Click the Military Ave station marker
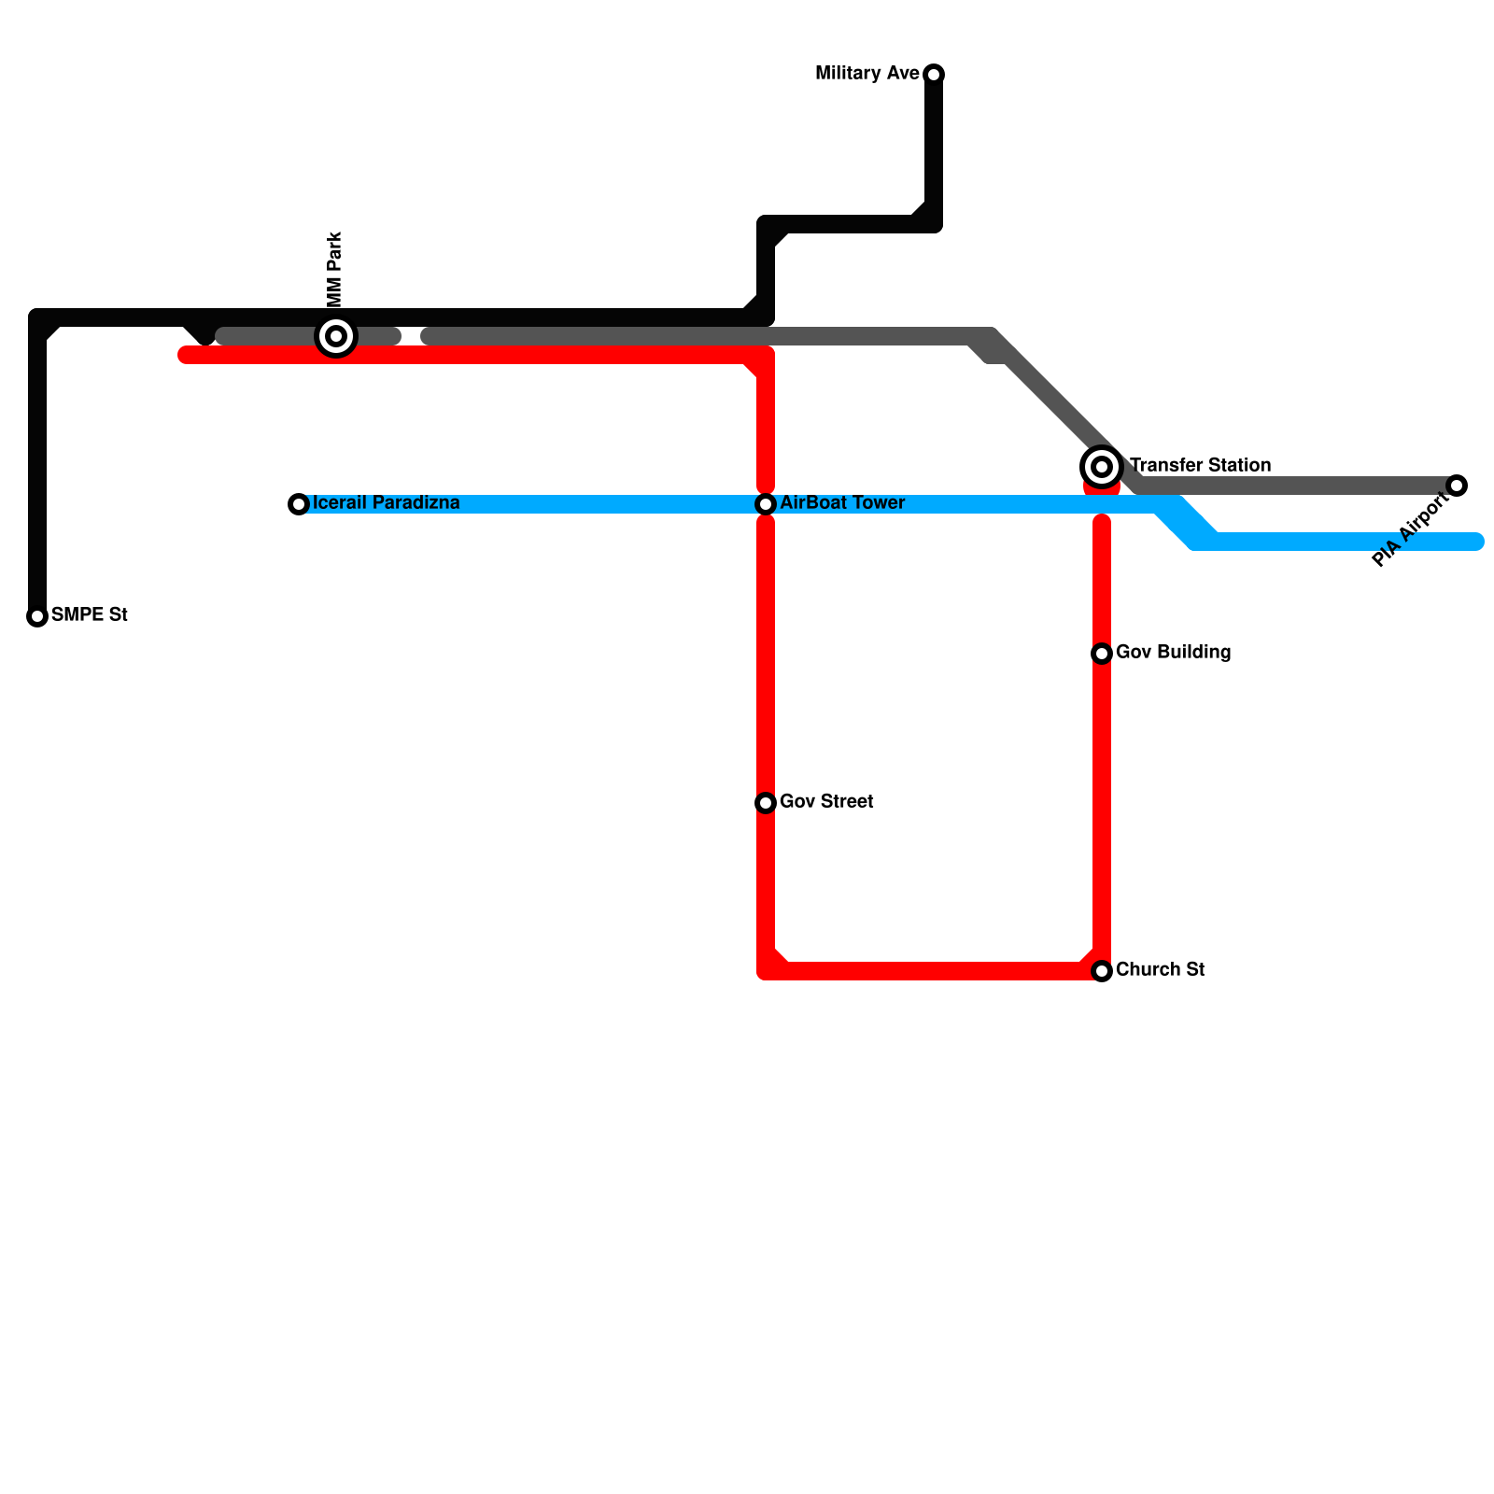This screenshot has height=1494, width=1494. click(x=934, y=74)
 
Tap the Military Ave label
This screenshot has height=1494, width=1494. click(x=867, y=74)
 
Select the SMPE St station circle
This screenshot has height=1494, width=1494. click(x=37, y=616)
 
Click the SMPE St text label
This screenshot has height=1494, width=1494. click(x=90, y=615)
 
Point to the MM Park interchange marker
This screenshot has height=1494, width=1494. click(x=336, y=336)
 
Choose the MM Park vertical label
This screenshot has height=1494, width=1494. click(x=335, y=269)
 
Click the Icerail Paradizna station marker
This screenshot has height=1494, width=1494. click(x=299, y=504)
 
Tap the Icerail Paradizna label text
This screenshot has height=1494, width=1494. click(x=387, y=503)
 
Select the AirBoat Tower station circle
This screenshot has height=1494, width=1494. click(x=766, y=504)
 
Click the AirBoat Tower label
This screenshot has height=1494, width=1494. click(x=842, y=503)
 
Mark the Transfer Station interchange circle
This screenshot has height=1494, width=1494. click(x=1102, y=466)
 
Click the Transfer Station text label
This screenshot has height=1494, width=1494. click(x=1200, y=465)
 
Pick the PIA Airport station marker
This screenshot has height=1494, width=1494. click(x=1457, y=486)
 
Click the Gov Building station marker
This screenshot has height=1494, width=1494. click(x=1102, y=654)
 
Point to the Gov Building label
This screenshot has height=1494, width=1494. click(x=1173, y=653)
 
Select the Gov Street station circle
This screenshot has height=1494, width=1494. click(x=766, y=803)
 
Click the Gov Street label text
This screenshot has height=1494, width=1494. click(x=826, y=802)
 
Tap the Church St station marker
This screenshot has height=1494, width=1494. click(x=1102, y=971)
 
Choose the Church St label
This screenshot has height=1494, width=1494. click(x=1160, y=970)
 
